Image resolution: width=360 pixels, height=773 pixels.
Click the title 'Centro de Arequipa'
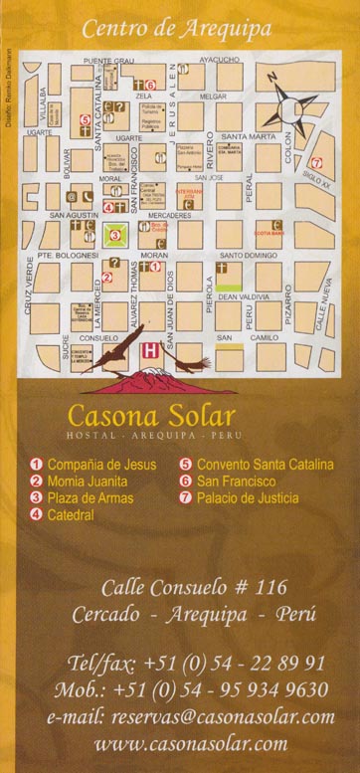pos(176,29)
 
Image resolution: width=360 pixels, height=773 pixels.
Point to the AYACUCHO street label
pos(220,60)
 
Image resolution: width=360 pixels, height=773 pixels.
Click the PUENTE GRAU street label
pos(107,61)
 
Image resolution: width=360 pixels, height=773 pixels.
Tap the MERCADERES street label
pos(168,214)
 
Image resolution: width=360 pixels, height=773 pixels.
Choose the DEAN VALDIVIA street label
pos(244,296)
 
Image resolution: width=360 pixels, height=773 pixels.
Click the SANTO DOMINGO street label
pos(249,255)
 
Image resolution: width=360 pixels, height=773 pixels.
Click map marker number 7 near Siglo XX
pos(316,162)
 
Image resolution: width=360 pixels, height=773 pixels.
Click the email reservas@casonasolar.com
pos(191,716)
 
